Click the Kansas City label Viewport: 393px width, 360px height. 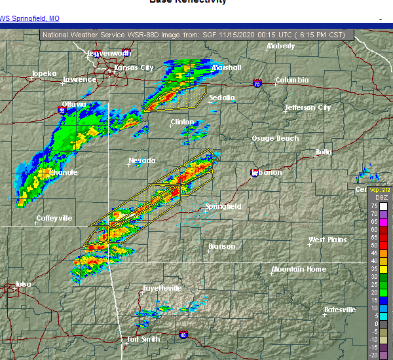point(134,67)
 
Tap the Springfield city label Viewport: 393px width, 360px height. point(223,206)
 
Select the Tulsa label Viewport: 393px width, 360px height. point(23,284)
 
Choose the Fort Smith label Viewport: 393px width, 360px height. point(143,339)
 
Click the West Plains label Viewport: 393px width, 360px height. point(327,240)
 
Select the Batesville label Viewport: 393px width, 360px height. point(341,310)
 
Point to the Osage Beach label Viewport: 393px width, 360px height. point(275,138)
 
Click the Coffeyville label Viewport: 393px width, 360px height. point(54,218)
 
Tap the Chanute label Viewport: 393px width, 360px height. point(64,172)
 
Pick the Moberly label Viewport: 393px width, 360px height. point(282,47)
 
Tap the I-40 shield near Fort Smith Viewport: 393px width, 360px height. point(183,334)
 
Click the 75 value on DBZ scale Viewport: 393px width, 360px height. point(373,206)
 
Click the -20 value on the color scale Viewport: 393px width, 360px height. point(373,354)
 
